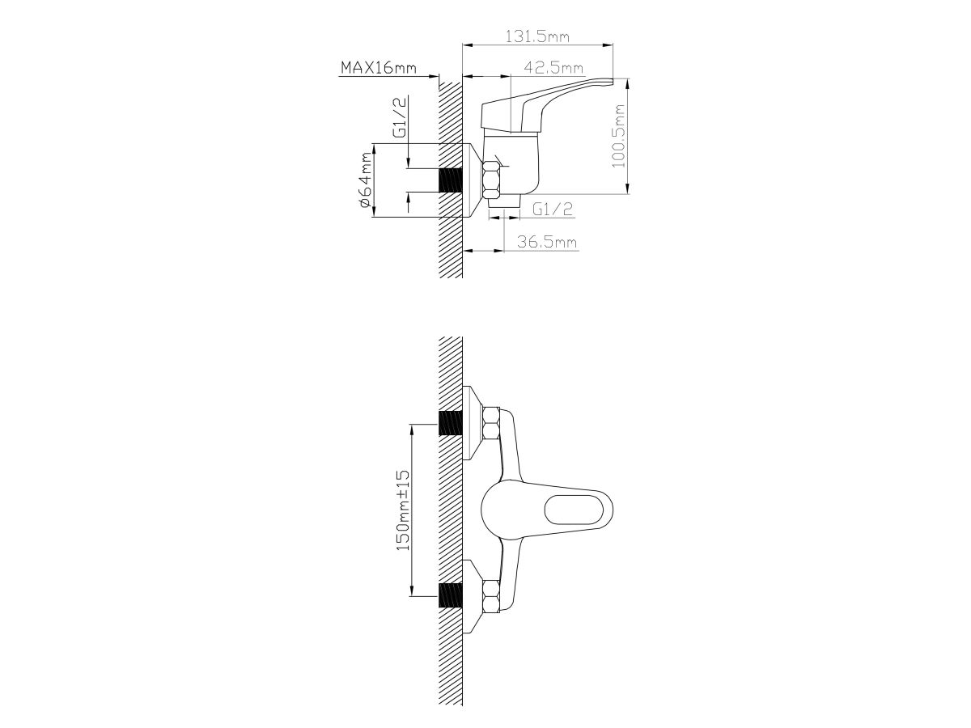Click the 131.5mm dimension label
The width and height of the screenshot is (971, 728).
click(x=537, y=36)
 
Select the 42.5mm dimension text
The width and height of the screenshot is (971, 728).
click(x=553, y=68)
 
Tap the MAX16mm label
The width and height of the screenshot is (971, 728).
click(x=379, y=68)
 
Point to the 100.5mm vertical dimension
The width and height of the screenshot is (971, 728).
click(x=618, y=136)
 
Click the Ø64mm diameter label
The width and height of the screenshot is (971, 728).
click(x=366, y=180)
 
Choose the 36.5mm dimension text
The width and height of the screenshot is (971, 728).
click(x=547, y=242)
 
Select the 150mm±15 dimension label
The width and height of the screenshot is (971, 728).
click(x=404, y=510)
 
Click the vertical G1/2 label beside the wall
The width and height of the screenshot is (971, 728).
click(x=399, y=117)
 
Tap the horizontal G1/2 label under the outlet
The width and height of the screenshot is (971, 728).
click(x=553, y=209)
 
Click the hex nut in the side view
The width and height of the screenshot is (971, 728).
click(x=490, y=180)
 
